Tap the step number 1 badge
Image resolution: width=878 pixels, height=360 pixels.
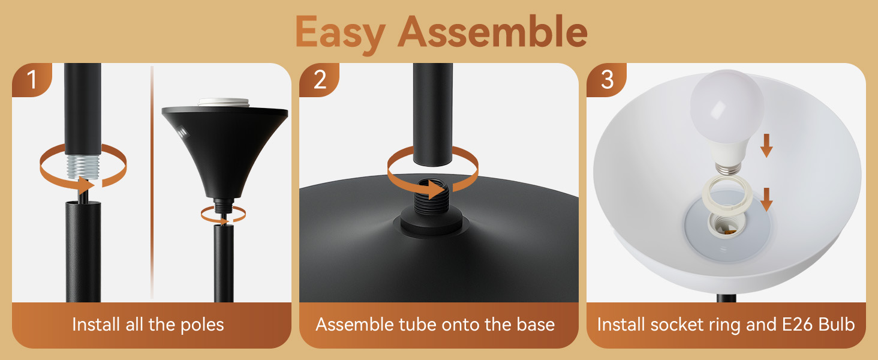[31, 79]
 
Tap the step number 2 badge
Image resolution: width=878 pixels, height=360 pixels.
[319, 79]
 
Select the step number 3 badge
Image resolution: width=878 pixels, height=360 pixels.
[606, 79]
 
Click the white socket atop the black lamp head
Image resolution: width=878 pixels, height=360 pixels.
[223, 103]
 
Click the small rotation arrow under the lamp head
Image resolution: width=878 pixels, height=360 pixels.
[222, 212]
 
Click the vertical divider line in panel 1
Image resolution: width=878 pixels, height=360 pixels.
[152, 180]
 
